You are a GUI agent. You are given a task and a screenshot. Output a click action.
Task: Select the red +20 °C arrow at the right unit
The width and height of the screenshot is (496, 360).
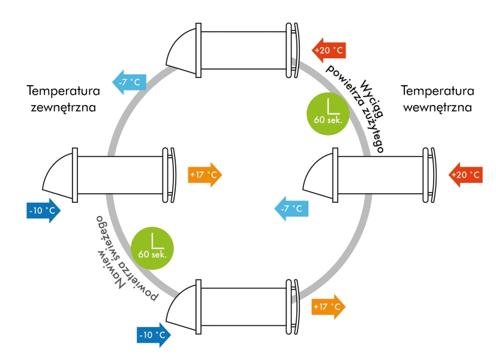[465, 175]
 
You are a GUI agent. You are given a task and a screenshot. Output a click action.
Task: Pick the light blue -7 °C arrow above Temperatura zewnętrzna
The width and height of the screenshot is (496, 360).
[128, 82]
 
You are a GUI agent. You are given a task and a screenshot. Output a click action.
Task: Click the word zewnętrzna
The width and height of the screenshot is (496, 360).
[63, 108]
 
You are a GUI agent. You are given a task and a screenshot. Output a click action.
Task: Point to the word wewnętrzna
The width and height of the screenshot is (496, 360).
[437, 108]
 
